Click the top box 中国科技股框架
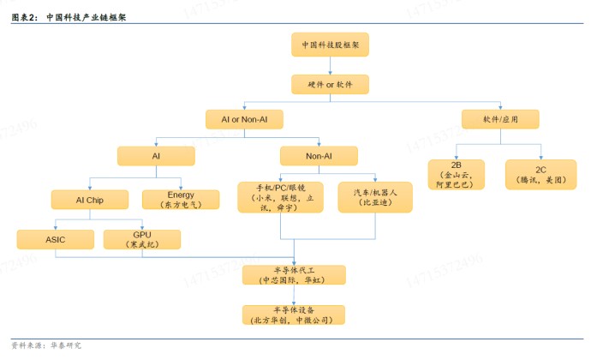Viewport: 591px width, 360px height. [330, 45]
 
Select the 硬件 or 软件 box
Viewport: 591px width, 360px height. [330, 85]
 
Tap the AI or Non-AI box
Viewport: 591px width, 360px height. [244, 119]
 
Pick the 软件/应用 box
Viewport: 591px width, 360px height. [500, 119]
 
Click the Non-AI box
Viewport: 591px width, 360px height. [319, 156]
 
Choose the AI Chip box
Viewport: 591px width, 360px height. [90, 200]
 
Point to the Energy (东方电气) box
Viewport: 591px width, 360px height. [181, 200]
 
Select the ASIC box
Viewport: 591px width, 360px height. [56, 240]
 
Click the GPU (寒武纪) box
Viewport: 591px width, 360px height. [142, 240]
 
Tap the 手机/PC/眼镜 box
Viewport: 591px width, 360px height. [280, 197]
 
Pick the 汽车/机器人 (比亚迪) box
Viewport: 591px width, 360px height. [375, 197]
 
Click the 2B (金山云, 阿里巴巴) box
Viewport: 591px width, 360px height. [456, 175]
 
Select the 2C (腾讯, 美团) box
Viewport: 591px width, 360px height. [540, 175]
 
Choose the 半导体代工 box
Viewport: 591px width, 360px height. [294, 275]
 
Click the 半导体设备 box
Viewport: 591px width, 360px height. [294, 315]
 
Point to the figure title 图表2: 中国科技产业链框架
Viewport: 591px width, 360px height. [69, 17]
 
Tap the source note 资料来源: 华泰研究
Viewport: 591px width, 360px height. [46, 345]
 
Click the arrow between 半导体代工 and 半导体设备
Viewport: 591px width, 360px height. [294, 295]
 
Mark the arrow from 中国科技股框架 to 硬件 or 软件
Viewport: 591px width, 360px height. [330, 66]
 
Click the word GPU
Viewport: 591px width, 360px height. [142, 235]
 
